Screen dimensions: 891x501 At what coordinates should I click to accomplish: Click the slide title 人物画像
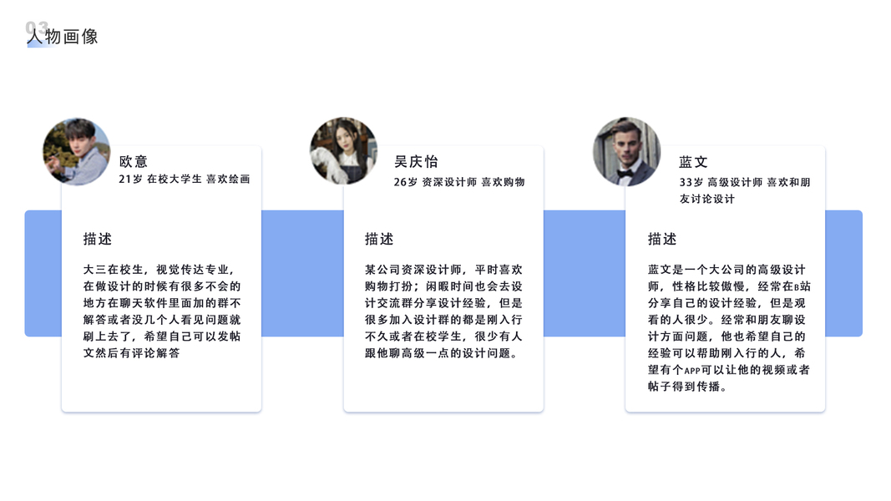click(63, 37)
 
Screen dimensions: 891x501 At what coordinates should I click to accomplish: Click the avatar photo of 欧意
click(76, 151)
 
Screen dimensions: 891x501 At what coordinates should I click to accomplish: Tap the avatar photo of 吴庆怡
click(343, 151)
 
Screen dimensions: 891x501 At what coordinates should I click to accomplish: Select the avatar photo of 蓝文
click(626, 151)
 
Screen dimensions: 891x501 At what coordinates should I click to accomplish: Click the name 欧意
click(134, 162)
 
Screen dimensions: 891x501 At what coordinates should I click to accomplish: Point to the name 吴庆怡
click(416, 162)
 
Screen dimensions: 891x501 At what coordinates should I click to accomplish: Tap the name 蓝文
click(693, 162)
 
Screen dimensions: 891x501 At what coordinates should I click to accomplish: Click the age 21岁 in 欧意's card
click(130, 180)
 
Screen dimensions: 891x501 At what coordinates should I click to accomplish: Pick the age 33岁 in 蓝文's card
click(691, 182)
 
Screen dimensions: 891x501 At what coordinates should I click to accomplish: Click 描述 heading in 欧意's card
click(98, 239)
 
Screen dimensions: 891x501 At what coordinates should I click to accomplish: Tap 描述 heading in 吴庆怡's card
click(379, 239)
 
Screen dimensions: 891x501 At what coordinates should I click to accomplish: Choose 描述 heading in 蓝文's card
click(662, 239)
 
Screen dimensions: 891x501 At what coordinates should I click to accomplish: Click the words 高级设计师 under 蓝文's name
click(735, 182)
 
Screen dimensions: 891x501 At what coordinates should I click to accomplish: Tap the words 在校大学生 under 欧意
click(175, 180)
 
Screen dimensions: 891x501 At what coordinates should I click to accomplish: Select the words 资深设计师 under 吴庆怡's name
click(449, 182)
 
